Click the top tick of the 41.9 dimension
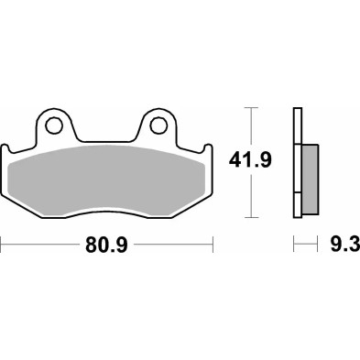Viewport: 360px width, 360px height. coord(247,107)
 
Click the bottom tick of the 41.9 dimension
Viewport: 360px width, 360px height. coord(247,218)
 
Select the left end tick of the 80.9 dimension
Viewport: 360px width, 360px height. coord(3,245)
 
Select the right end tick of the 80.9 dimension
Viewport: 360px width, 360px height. coord(213,245)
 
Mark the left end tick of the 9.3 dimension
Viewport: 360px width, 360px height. coord(293,245)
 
